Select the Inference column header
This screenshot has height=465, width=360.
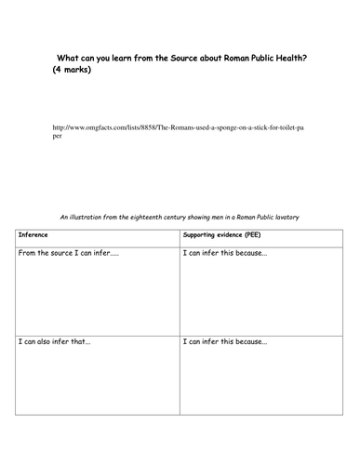tap(34, 235)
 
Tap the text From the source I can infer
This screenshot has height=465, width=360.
tap(68, 253)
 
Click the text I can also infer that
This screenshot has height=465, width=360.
tap(62, 342)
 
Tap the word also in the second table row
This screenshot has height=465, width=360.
tap(52, 342)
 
